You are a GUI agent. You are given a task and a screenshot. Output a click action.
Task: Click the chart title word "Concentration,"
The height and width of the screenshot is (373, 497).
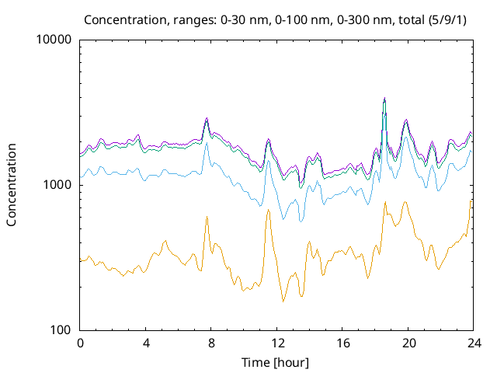tap(123, 19)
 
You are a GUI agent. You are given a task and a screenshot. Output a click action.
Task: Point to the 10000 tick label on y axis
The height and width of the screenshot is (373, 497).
tap(54, 40)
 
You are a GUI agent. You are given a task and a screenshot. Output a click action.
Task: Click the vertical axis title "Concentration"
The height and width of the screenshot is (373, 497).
tap(12, 185)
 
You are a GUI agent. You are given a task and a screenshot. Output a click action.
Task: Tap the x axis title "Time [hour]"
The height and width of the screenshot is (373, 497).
tap(276, 362)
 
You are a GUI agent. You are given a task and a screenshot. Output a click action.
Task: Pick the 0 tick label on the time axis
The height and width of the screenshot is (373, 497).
tap(80, 343)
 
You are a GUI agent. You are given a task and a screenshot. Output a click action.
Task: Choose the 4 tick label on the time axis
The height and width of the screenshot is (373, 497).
tap(145, 343)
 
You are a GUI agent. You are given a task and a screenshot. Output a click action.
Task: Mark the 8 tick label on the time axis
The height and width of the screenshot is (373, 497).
tap(211, 343)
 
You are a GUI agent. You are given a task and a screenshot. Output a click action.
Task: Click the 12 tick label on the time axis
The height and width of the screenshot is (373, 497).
tap(276, 343)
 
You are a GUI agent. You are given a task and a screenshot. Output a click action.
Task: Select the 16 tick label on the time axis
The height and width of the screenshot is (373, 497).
tap(342, 343)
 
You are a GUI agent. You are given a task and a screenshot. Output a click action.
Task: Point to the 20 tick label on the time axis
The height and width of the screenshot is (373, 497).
tap(408, 343)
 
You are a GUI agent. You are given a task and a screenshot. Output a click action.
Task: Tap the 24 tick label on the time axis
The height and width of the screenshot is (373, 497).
tap(473, 343)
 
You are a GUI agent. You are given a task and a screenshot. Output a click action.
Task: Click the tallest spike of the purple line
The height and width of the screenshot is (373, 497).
tap(384, 98)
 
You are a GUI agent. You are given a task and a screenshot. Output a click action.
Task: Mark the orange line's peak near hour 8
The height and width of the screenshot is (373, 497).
tap(207, 216)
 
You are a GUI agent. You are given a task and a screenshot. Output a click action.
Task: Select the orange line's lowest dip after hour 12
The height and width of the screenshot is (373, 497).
tap(283, 302)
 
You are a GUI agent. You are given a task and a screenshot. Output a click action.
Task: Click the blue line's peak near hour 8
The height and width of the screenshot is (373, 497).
tap(207, 143)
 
